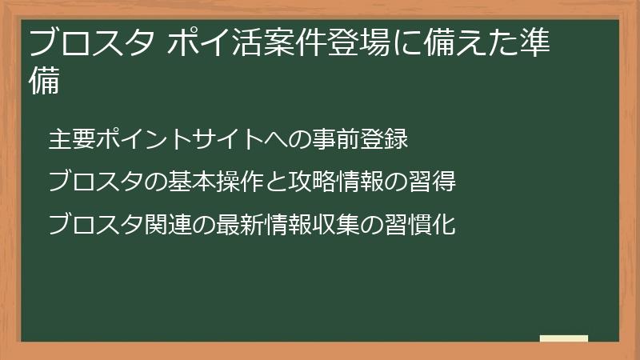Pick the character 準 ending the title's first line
(x=534, y=42)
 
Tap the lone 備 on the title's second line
(x=45, y=82)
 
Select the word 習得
(x=433, y=182)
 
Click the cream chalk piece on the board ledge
(x=564, y=338)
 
